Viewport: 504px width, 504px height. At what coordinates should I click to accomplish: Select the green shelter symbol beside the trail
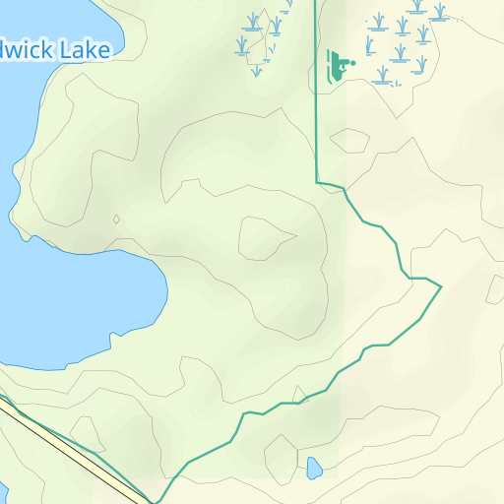point(338,66)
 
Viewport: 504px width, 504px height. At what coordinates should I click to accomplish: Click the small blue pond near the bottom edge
point(314,468)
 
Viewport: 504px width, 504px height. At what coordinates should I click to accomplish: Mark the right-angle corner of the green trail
point(317,182)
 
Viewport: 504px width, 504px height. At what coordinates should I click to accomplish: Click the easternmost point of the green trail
point(440,286)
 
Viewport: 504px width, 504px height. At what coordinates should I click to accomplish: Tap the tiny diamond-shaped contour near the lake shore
point(116,220)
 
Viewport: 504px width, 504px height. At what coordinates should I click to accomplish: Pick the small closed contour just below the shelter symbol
point(350,141)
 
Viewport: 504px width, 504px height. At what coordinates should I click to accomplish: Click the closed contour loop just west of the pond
point(281,457)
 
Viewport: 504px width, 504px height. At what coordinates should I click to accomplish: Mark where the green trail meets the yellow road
point(153,501)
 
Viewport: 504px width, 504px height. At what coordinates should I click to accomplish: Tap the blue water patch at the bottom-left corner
point(3,493)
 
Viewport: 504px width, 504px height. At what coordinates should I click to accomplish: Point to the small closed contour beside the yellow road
point(87,432)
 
